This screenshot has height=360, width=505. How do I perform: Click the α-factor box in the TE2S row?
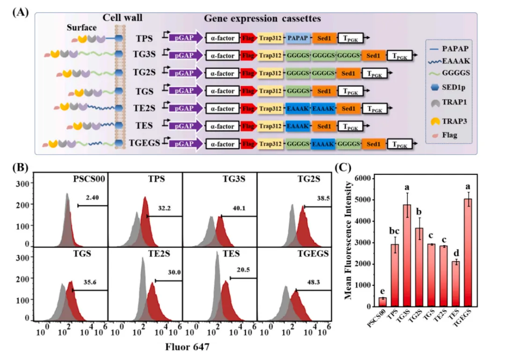(x=223, y=109)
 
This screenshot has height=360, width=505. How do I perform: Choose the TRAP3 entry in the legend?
(x=451, y=122)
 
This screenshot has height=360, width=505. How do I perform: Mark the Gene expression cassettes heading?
(x=262, y=19)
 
